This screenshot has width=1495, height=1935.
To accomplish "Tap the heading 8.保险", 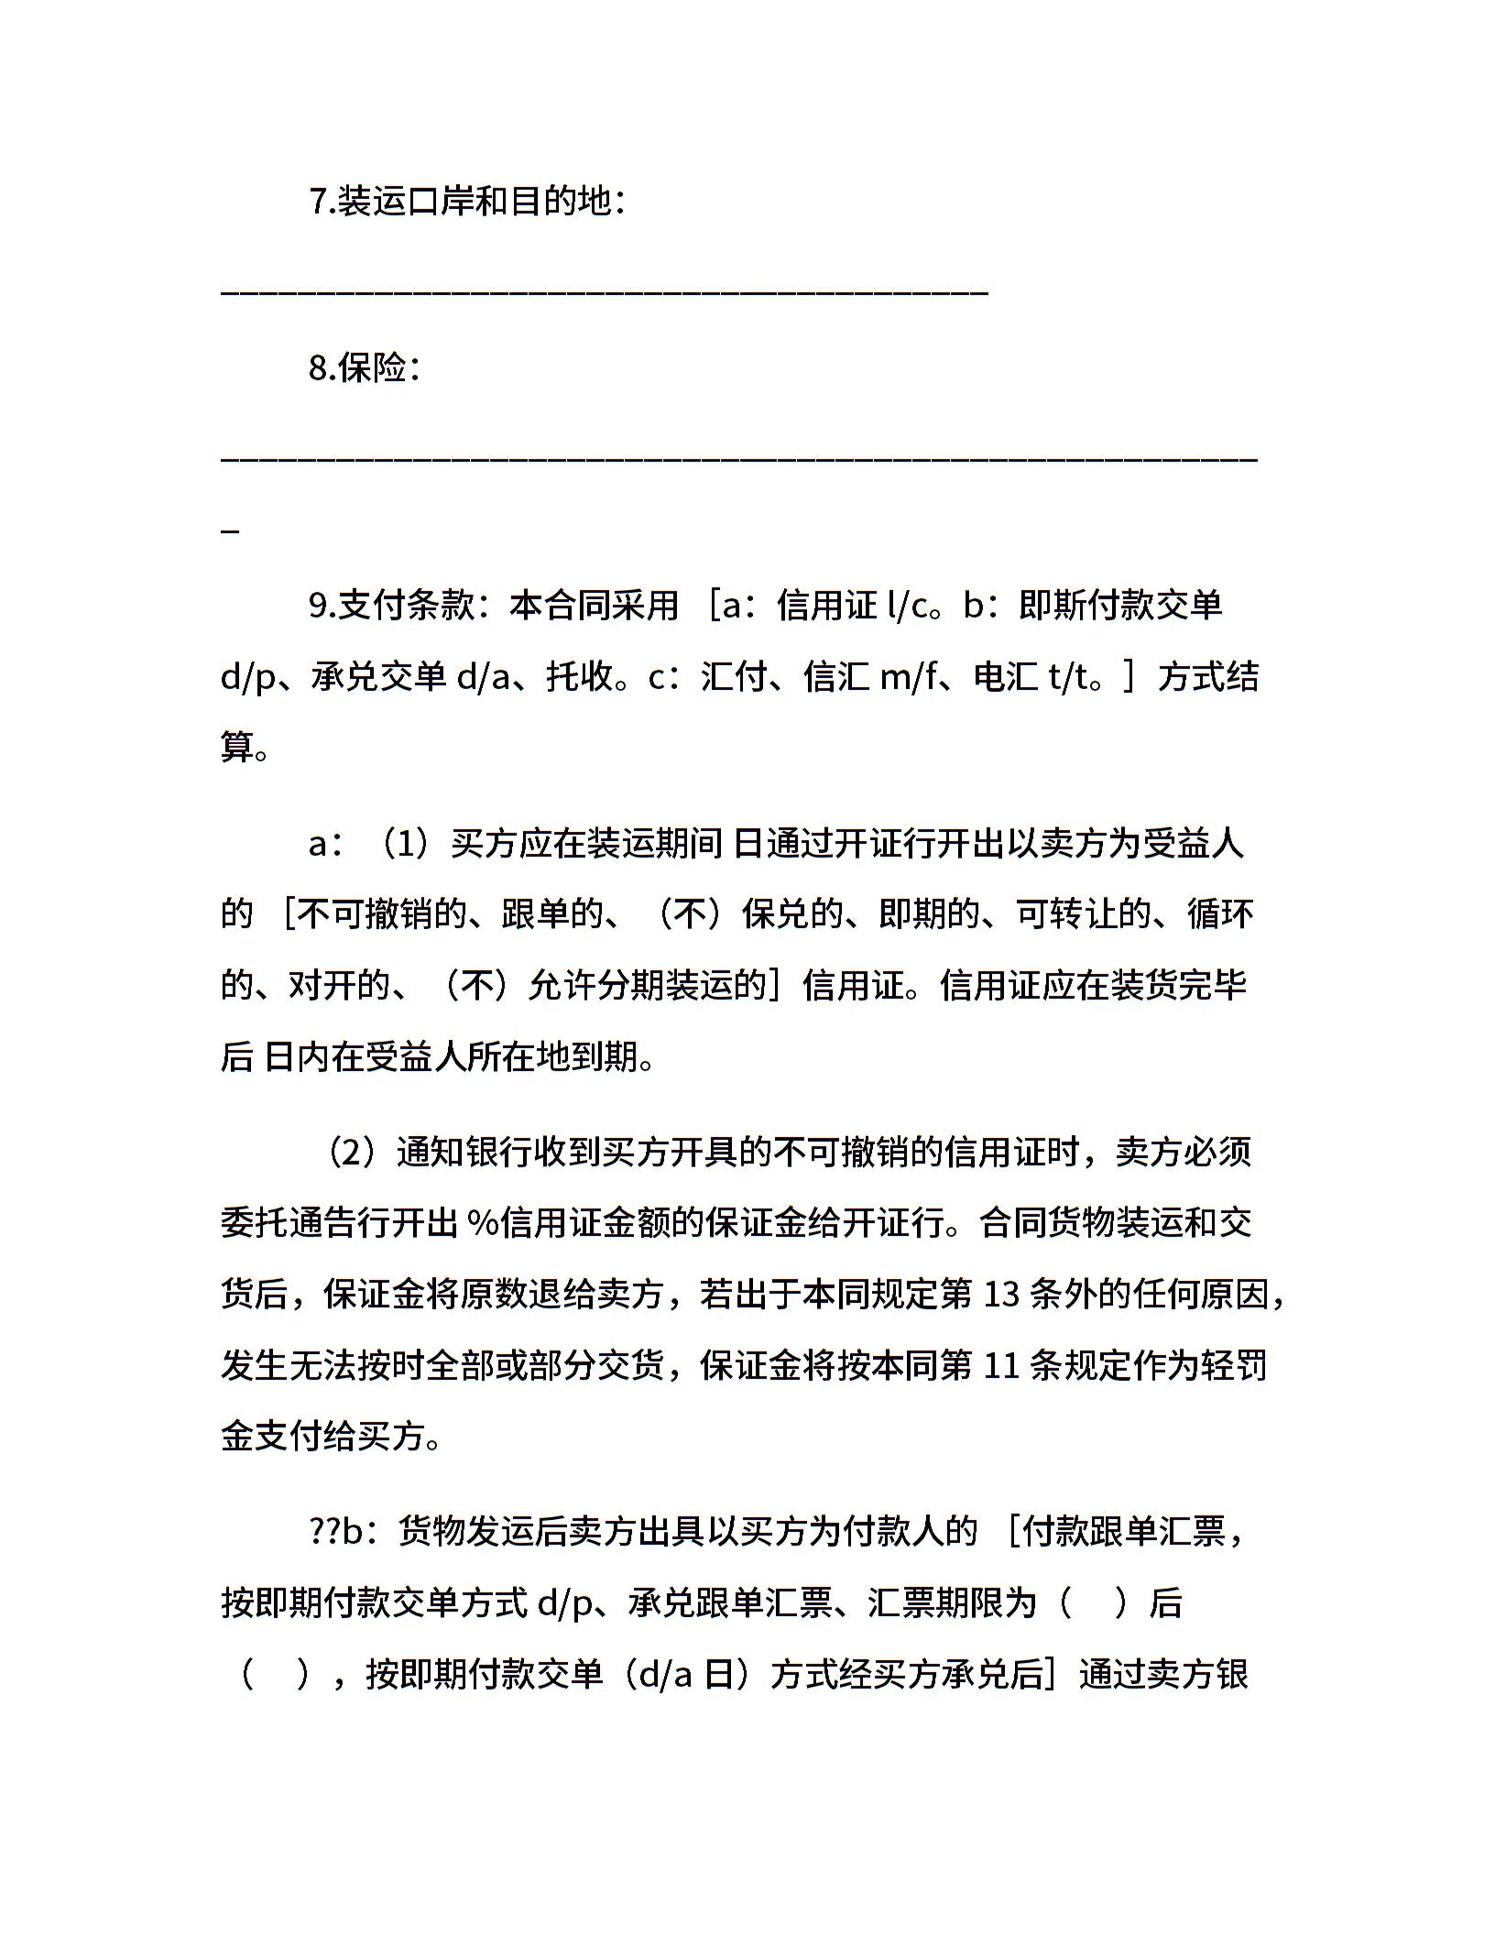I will [365, 368].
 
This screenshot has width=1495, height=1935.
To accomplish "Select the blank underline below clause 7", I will [605, 292].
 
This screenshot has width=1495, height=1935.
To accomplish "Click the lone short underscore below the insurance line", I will [231, 531].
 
